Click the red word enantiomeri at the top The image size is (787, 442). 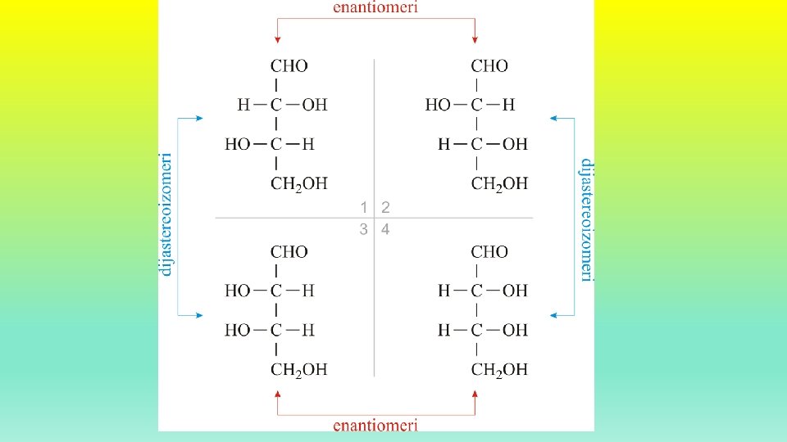point(376,7)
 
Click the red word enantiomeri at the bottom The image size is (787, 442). point(376,425)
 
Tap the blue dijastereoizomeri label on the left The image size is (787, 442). point(166,214)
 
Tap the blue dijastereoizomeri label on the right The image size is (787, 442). point(586,219)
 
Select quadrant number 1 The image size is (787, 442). point(364,207)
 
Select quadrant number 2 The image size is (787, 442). point(385,207)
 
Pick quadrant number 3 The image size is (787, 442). point(364,229)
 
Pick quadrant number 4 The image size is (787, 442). point(385,229)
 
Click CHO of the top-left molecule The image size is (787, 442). point(289,65)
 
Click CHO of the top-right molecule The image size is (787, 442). point(489,65)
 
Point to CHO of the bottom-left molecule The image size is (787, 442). point(289,252)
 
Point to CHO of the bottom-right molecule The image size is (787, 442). point(489,252)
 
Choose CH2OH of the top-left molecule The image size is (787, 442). point(298,184)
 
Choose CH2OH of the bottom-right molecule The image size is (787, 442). point(498,370)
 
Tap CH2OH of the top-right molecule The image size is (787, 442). point(498,184)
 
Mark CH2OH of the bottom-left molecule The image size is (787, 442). point(298,370)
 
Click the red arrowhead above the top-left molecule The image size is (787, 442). point(278,38)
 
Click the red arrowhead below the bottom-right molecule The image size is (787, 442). point(475,395)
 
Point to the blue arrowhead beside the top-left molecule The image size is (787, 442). point(199,119)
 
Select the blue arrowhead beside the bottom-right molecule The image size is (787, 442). point(553,315)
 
